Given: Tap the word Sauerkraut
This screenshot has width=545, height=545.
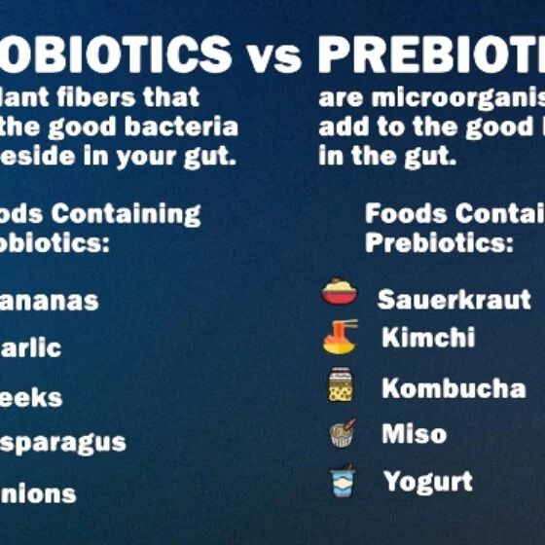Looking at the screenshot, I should coord(454,299).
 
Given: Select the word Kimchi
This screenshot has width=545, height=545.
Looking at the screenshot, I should coord(428,338).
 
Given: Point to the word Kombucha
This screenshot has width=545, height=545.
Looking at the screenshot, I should coord(454,388).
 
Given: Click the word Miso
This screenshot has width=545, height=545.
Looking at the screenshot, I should coord(414,433).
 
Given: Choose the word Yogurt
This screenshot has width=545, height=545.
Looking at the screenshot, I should coord(427,481).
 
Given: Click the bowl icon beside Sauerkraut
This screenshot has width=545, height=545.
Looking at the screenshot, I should coord(340,292).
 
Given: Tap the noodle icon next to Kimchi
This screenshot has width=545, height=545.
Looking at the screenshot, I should coord(341,337).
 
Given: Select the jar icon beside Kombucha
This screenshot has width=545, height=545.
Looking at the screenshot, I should coord(341,385).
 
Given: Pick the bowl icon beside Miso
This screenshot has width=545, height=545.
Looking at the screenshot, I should coord(343,432).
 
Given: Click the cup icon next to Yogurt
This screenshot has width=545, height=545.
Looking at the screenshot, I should coord(342,481).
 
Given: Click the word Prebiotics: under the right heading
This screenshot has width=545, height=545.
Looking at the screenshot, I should coord(439,243).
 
